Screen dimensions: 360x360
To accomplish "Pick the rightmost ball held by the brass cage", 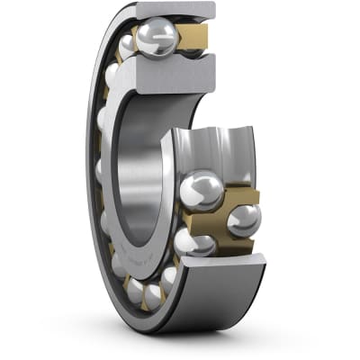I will pos(244,220).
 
